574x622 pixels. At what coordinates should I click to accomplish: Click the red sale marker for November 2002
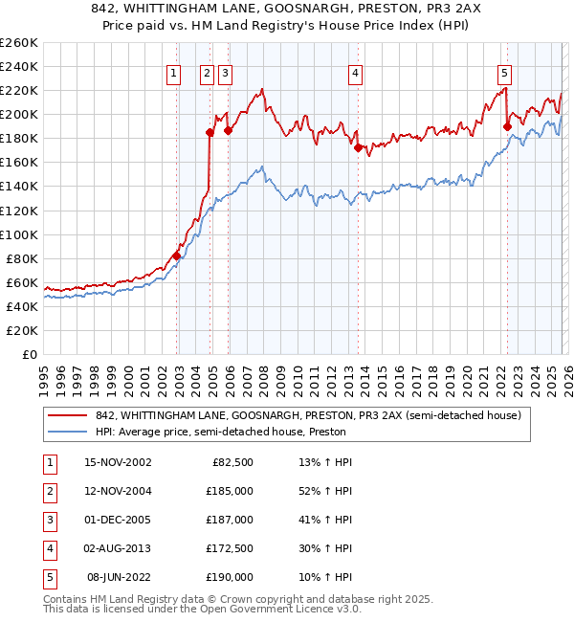(x=177, y=255)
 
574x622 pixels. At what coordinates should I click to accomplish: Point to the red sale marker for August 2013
(x=358, y=147)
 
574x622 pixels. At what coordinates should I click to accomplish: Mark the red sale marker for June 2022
(x=507, y=126)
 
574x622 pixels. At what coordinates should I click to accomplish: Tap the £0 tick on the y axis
(x=31, y=354)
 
